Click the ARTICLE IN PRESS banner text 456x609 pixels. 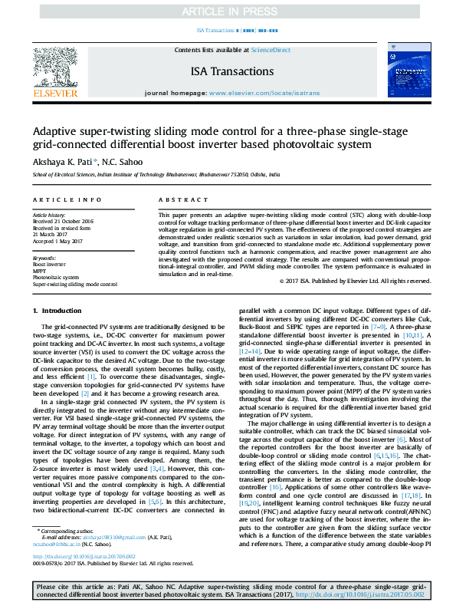click(x=228, y=12)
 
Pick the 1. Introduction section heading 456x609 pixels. click(x=57, y=310)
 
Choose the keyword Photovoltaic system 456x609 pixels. click(x=55, y=278)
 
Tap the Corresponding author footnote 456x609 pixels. click(x=66, y=531)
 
